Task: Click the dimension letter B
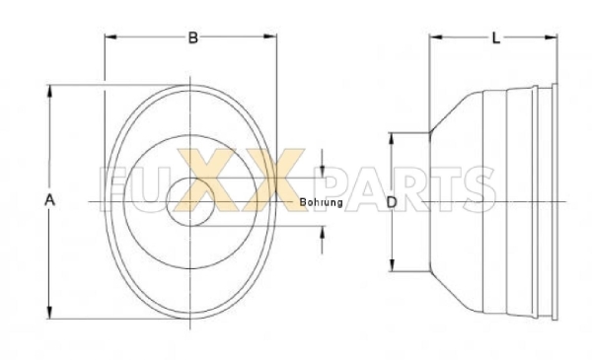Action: click(193, 37)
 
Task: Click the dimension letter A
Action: click(50, 200)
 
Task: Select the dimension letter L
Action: click(496, 38)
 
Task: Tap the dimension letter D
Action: click(392, 202)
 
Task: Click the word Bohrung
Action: click(322, 202)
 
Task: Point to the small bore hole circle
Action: click(190, 202)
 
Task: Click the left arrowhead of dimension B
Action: click(111, 36)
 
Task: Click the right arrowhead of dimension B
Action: click(270, 36)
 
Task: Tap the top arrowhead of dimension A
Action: click(49, 92)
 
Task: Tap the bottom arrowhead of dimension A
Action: click(49, 312)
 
